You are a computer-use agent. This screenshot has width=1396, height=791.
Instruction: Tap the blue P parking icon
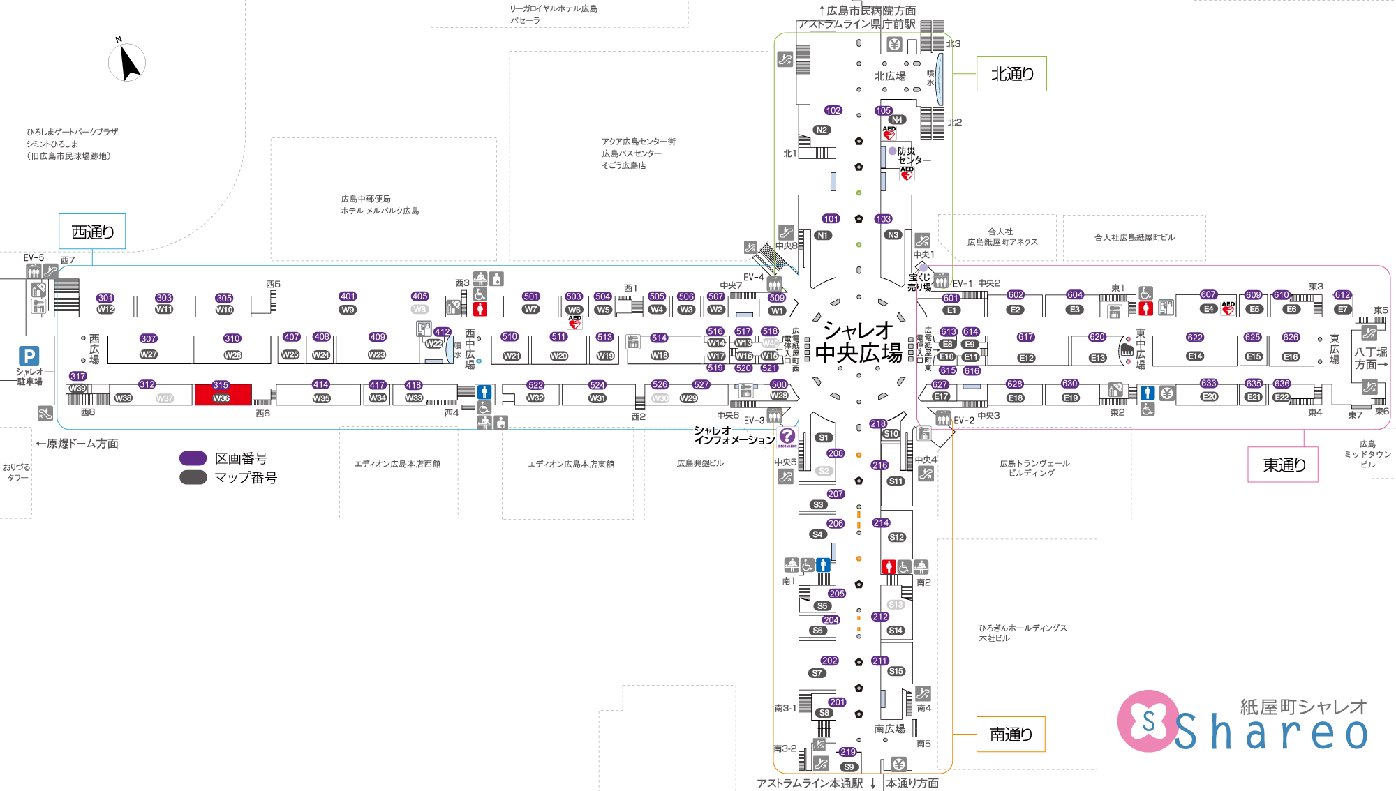[x=29, y=356]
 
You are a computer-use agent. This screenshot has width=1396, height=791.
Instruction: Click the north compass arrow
[x=128, y=63]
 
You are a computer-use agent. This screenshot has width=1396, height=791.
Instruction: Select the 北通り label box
[x=1011, y=74]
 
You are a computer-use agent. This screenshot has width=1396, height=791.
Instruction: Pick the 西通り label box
[x=92, y=232]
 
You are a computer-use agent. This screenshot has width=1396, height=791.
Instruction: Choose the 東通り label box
[x=1283, y=465]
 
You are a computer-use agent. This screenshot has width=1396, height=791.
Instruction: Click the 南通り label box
[x=1010, y=734]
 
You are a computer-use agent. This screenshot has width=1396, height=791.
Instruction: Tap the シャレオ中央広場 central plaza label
[x=859, y=342]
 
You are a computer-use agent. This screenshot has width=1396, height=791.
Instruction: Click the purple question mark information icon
[x=787, y=437]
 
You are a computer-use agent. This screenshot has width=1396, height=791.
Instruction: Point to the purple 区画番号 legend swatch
[x=193, y=458]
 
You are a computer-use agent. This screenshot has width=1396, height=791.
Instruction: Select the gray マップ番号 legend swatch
[x=193, y=477]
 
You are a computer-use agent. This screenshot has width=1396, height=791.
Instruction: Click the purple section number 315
[x=221, y=385]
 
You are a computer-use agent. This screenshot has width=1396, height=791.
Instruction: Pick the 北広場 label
[x=890, y=76]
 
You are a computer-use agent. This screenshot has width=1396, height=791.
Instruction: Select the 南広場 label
[x=889, y=729]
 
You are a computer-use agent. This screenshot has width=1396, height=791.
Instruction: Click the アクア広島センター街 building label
[x=638, y=142]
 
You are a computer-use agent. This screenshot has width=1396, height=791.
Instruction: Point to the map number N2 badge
[x=822, y=130]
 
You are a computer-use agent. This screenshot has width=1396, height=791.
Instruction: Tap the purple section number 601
[x=951, y=299]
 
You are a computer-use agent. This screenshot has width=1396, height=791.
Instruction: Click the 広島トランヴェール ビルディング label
[x=1034, y=468]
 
